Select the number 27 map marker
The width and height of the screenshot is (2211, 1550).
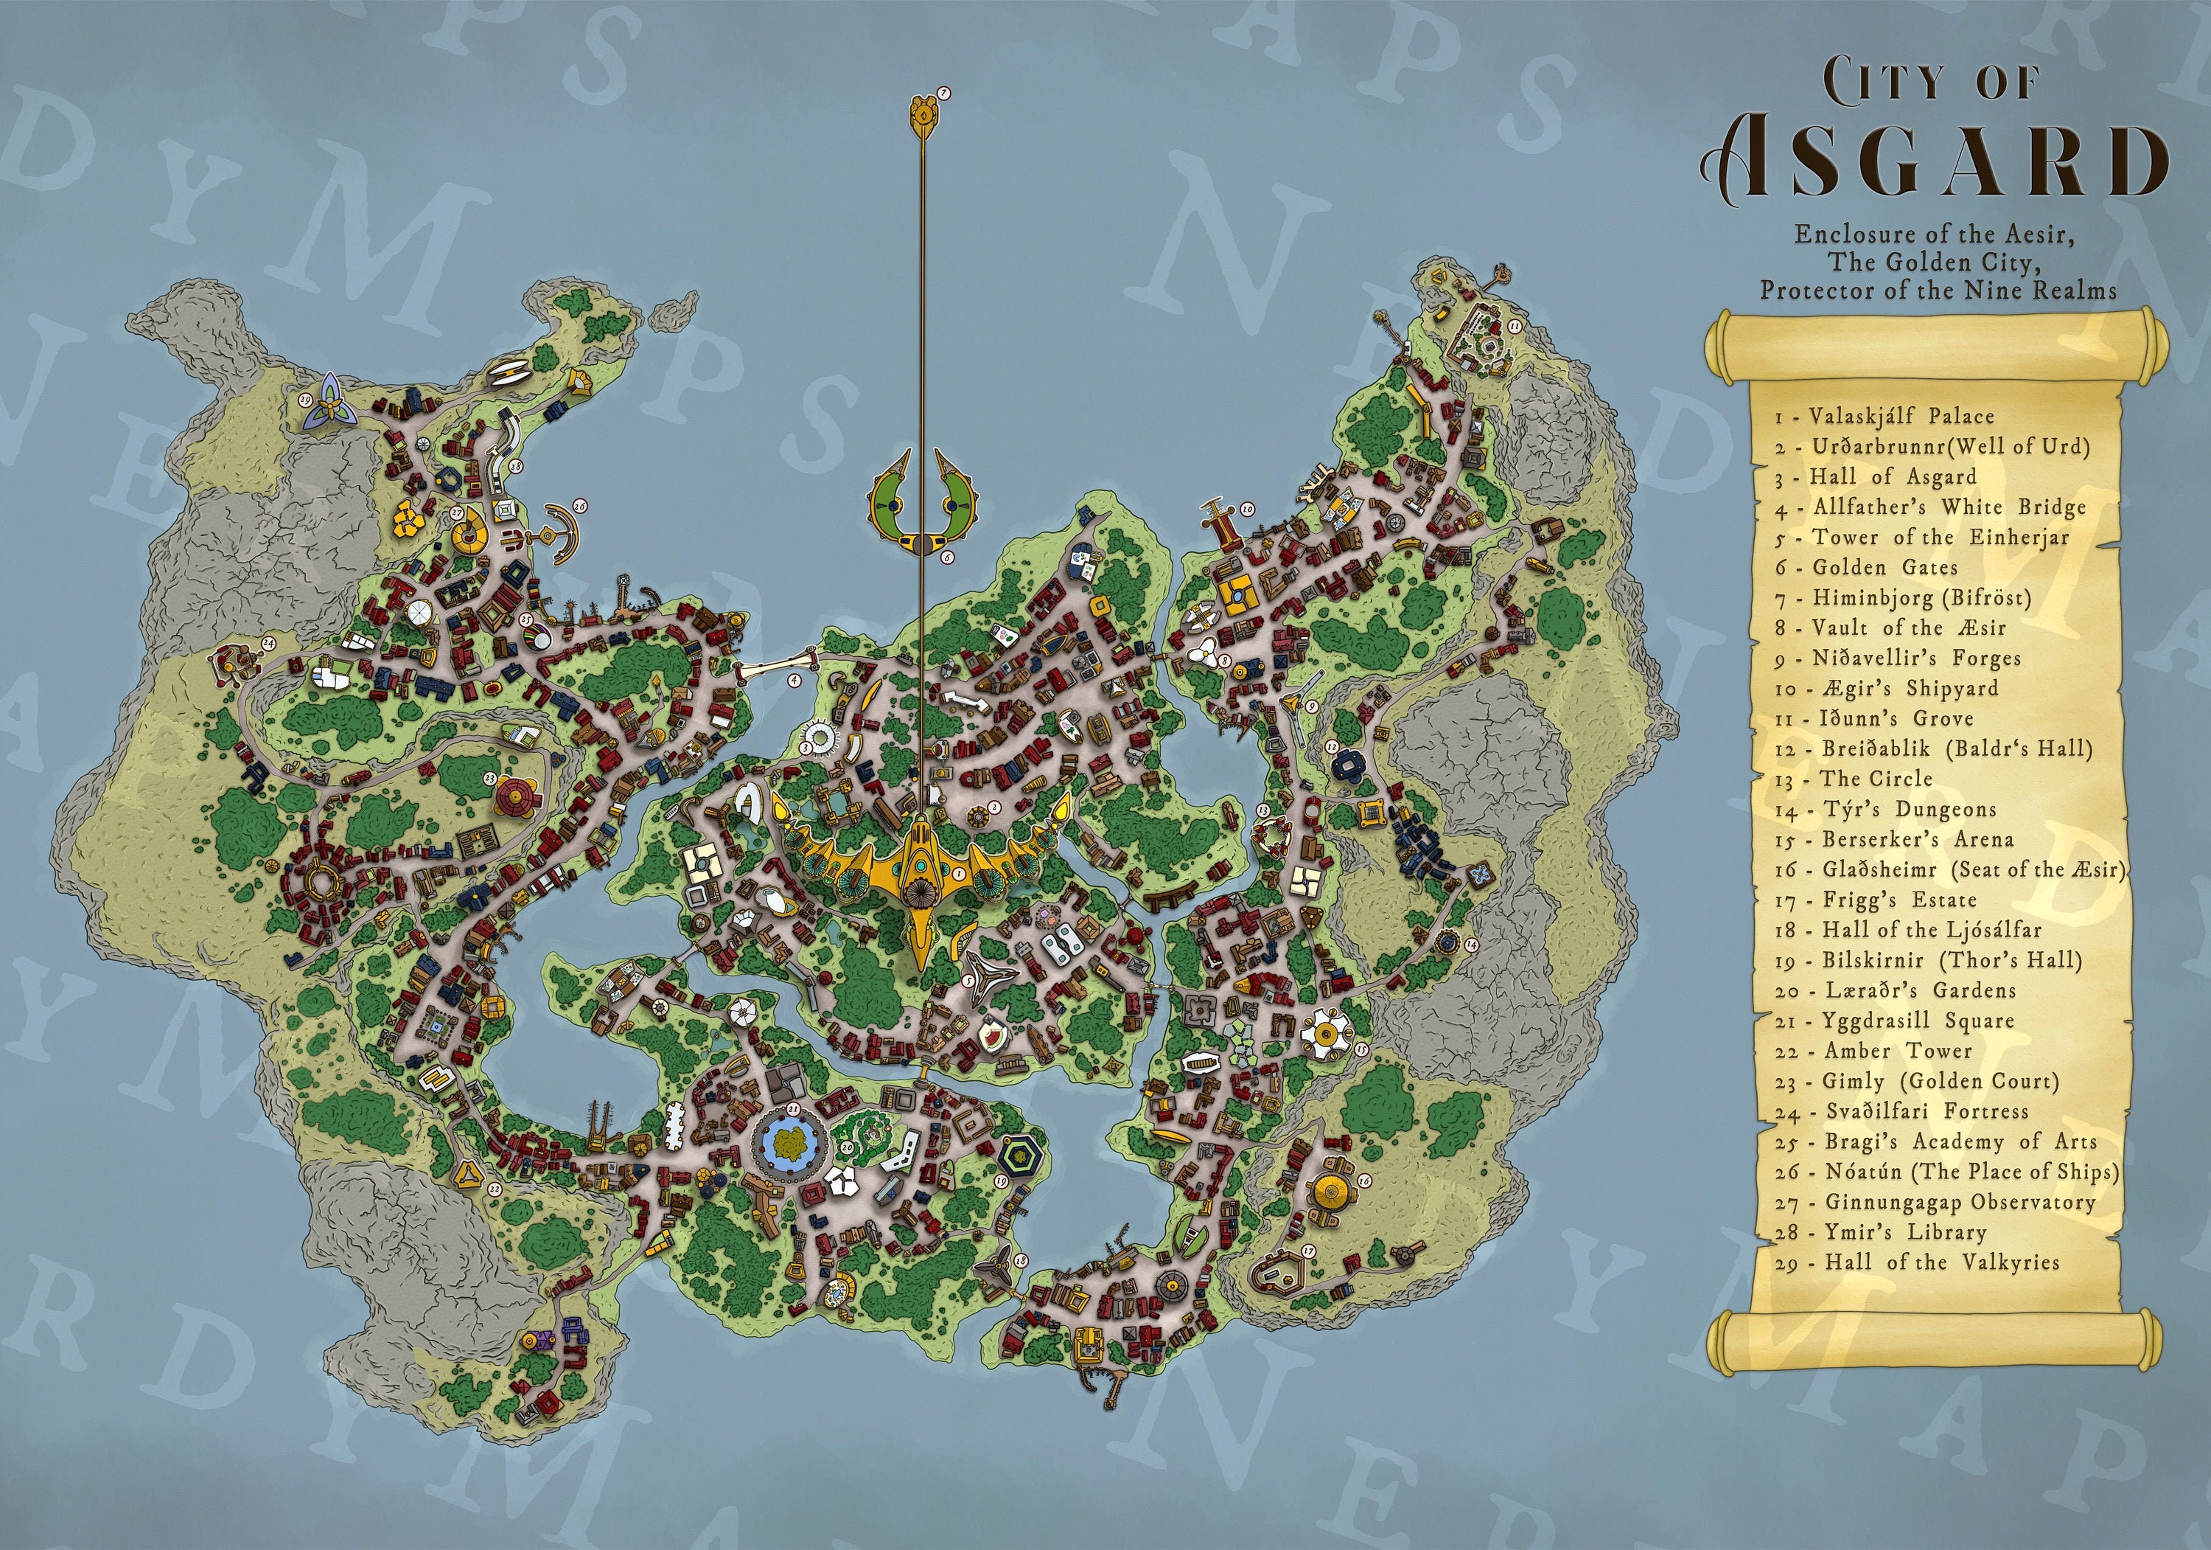pyautogui.click(x=458, y=513)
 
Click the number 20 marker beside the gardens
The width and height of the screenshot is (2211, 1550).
pyautogui.click(x=848, y=1147)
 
